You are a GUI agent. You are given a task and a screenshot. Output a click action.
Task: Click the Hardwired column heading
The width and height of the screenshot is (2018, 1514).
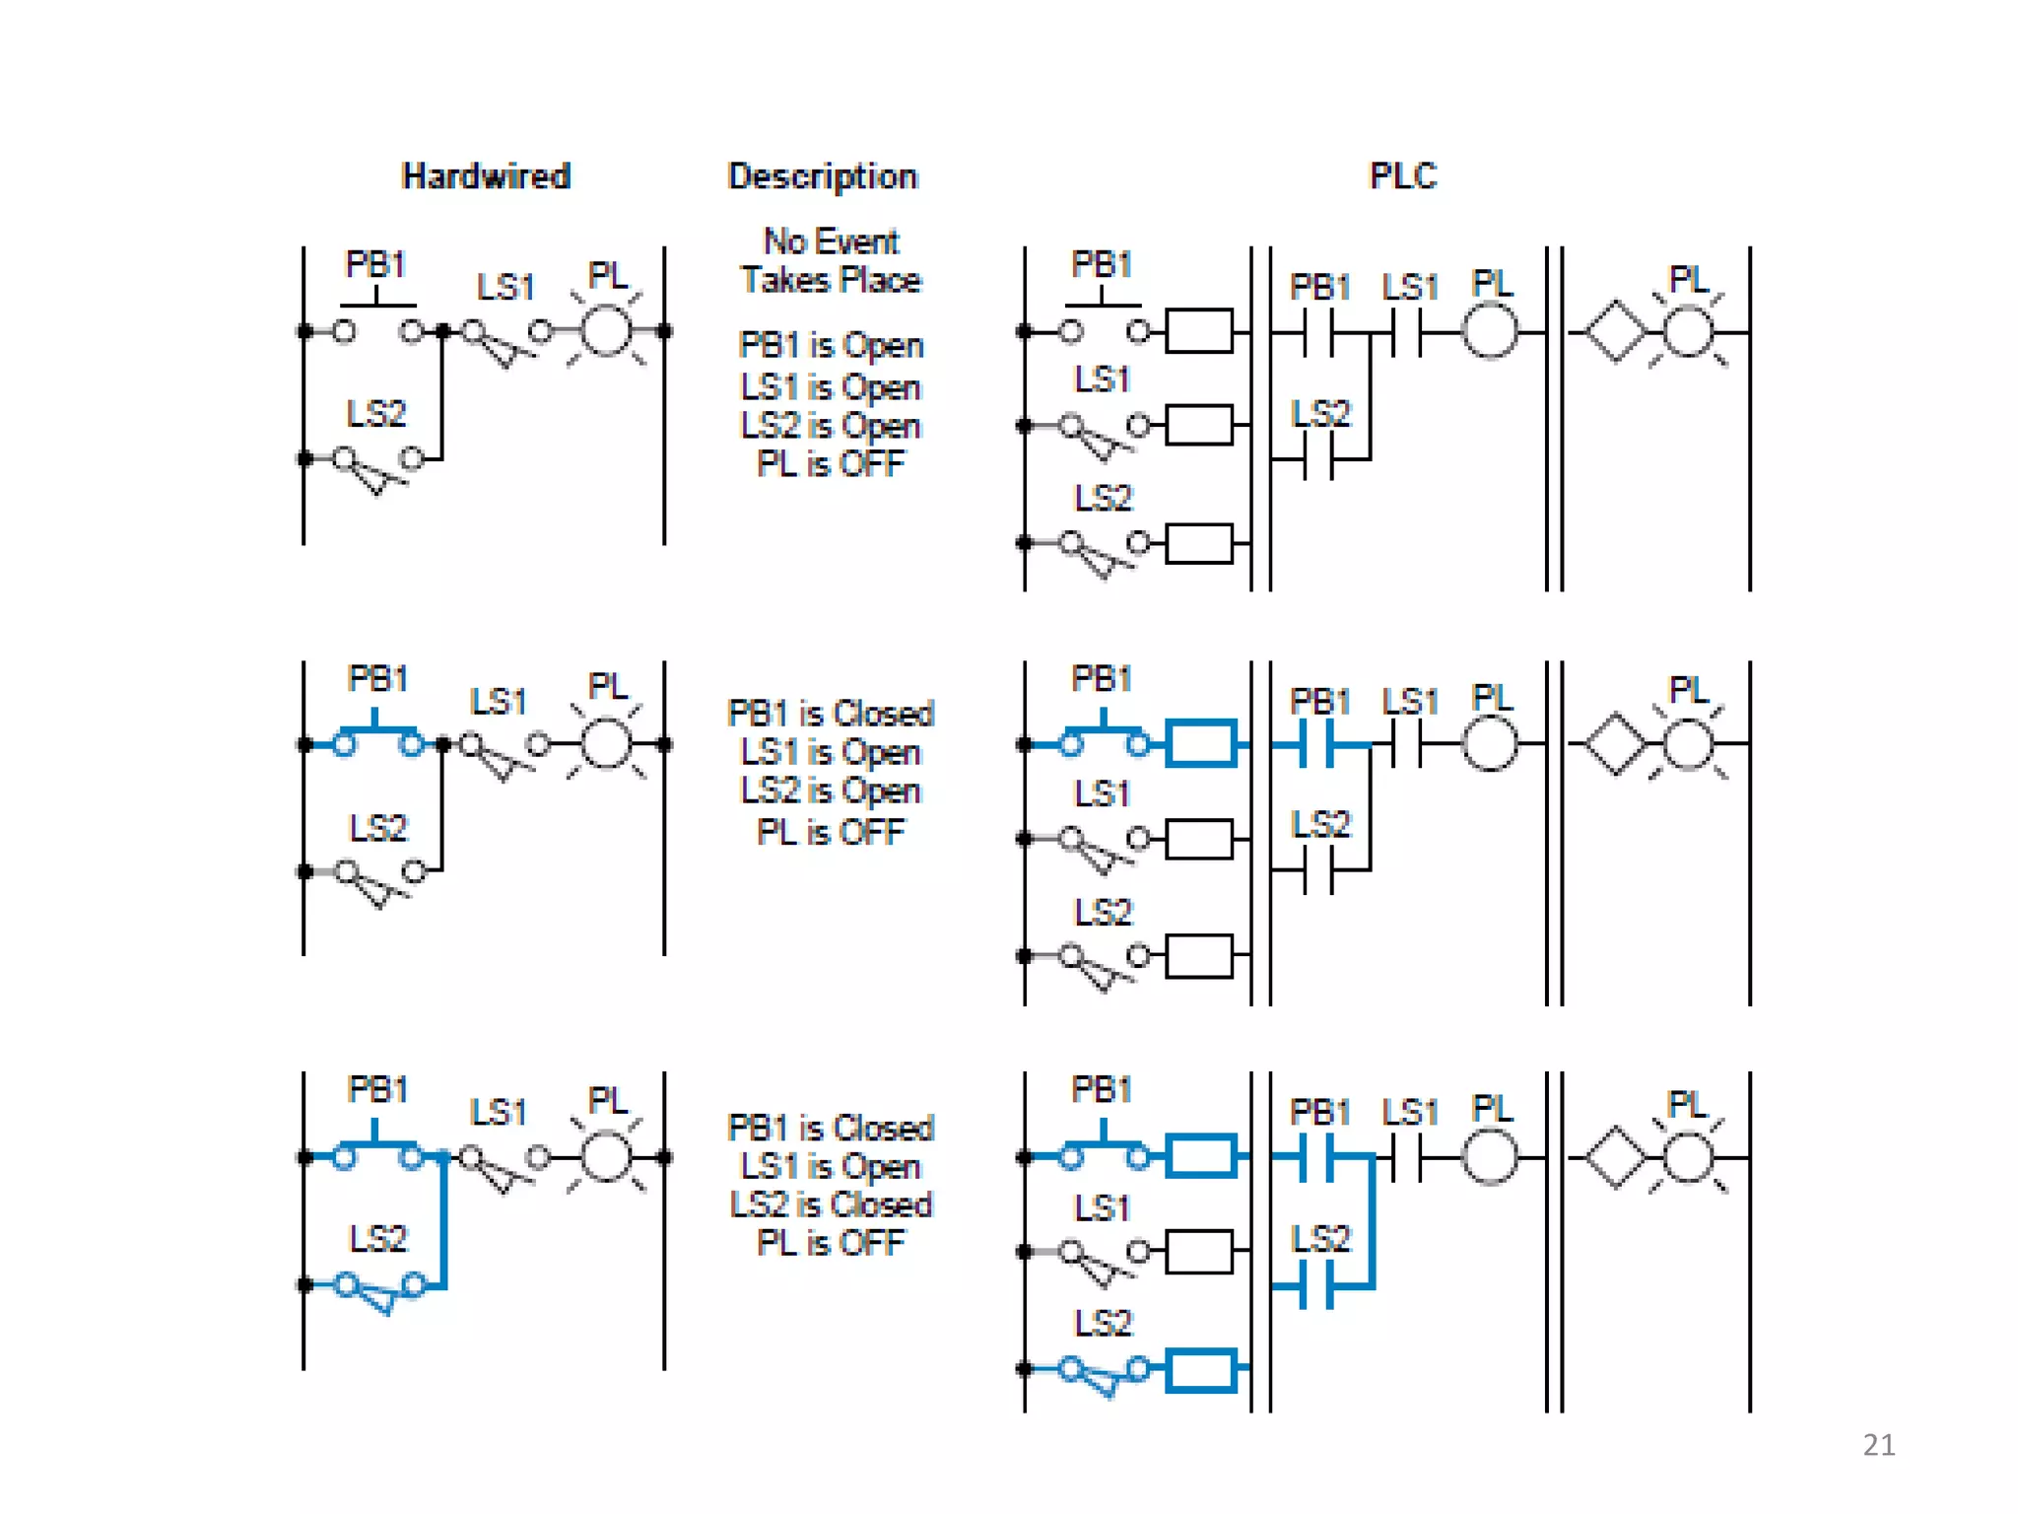pos(486,176)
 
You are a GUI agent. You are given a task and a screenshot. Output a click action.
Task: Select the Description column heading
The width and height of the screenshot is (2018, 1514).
pos(822,176)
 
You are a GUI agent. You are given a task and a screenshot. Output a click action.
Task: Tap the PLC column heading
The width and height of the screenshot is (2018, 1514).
pos(1403,176)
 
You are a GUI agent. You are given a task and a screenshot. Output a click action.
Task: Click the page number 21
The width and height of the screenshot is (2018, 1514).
pos(1878,1445)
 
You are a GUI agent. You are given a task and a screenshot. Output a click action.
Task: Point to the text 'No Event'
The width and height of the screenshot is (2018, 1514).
pos(832,241)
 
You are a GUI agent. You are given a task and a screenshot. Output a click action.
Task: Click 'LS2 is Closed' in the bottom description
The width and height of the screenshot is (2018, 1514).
pos(831,1204)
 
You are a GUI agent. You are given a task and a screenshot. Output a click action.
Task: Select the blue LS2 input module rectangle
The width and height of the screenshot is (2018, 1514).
pos(1200,1370)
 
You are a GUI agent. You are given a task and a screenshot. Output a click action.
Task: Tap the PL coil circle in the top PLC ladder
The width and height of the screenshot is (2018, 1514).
pos(1489,332)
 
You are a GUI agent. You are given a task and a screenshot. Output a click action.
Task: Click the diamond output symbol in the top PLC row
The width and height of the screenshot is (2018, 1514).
pos(1614,332)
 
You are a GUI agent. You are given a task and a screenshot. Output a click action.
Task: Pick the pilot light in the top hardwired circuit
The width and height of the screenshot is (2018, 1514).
pos(606,331)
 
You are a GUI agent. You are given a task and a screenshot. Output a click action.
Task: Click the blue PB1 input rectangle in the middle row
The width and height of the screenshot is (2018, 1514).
pos(1200,744)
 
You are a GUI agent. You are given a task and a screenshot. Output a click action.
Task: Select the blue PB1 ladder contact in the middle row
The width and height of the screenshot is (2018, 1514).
pos(1316,744)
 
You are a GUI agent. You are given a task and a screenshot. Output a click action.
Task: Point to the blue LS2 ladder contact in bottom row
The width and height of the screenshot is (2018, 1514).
pos(1316,1286)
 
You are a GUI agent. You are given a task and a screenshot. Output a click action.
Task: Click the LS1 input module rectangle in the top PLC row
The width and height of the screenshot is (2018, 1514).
pos(1199,426)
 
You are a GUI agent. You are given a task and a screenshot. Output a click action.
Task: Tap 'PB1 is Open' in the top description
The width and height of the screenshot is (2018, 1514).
pos(831,346)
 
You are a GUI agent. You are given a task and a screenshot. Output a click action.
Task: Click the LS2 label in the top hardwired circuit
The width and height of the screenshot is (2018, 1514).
pos(375,414)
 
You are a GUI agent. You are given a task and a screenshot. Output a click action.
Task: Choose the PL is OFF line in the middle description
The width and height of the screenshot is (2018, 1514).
pos(830,832)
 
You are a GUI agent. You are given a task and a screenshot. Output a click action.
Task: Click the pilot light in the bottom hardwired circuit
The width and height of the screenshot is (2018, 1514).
pos(606,1156)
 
